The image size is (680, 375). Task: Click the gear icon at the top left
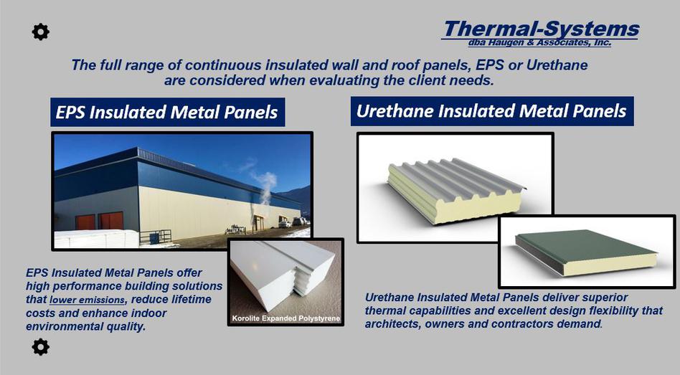[40, 32]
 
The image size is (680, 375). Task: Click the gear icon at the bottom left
[40, 347]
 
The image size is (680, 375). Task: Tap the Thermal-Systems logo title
[542, 29]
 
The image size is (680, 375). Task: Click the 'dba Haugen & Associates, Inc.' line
[539, 42]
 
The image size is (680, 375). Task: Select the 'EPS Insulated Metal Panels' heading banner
[167, 112]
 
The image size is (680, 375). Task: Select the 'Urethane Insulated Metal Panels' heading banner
[492, 111]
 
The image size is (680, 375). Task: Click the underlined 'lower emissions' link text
[88, 300]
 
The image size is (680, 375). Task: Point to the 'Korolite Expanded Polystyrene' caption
[286, 318]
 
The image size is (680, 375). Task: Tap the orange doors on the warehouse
[99, 221]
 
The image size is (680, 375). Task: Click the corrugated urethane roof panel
[455, 190]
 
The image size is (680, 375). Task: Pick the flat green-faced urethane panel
[586, 252]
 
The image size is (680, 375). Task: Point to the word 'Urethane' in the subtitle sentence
[557, 65]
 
